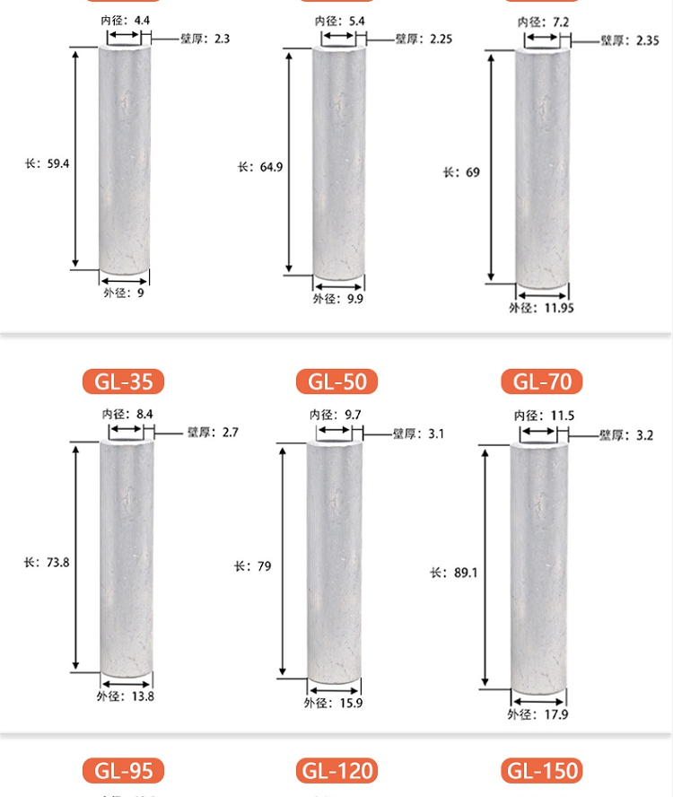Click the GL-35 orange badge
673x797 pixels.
(x=123, y=381)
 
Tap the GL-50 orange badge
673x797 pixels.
(x=337, y=381)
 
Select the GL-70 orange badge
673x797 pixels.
(x=542, y=381)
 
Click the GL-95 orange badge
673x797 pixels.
(x=123, y=771)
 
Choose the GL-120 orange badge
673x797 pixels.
(x=337, y=771)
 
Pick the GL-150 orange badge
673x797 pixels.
(x=542, y=771)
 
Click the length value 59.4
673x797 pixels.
(x=58, y=163)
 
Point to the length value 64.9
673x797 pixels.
(x=271, y=167)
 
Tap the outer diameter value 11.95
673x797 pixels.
(x=559, y=308)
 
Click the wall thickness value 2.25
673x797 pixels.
(x=441, y=39)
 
